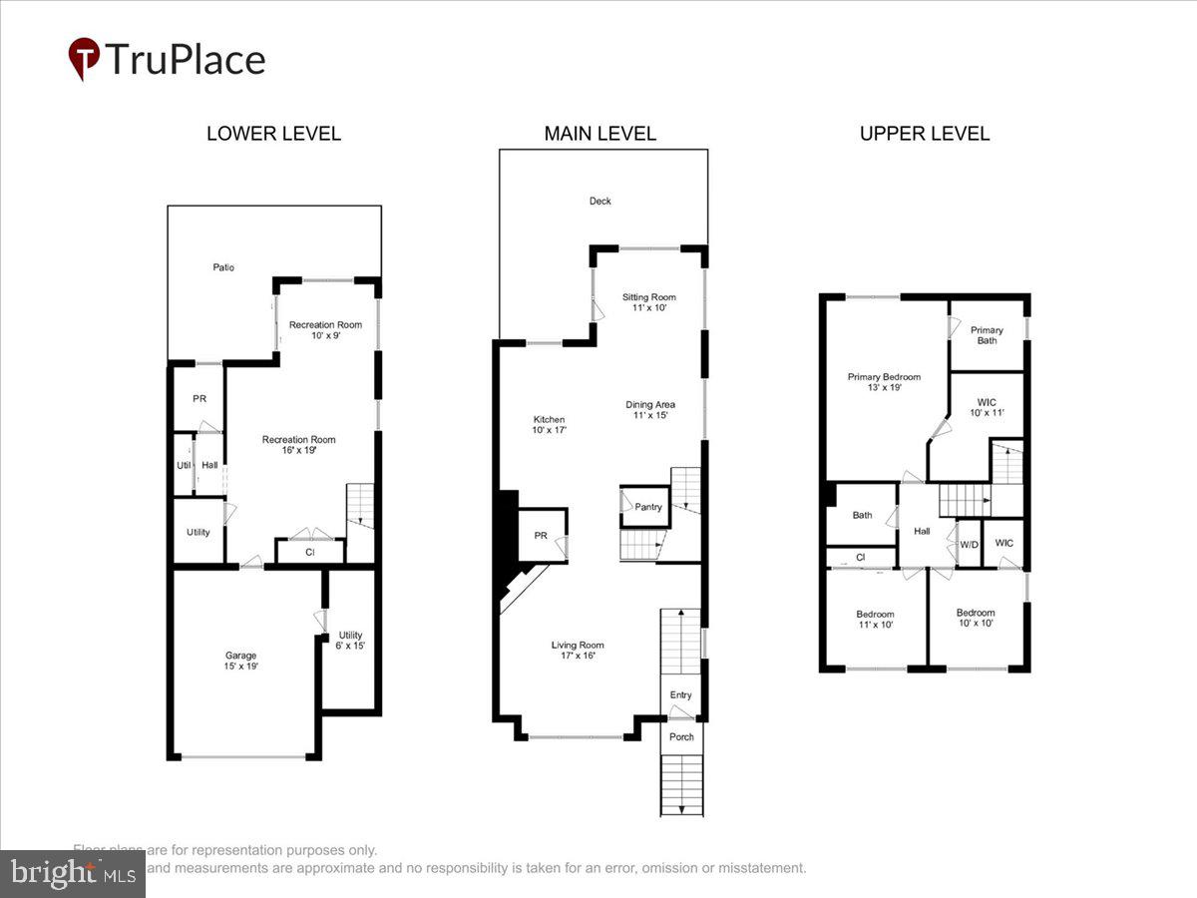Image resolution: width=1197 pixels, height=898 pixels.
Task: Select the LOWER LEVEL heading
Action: tap(273, 134)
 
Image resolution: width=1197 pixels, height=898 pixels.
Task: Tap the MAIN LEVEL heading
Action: tap(599, 134)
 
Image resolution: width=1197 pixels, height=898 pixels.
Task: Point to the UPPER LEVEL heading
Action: tap(925, 134)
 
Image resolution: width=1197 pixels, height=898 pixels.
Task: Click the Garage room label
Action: tap(240, 661)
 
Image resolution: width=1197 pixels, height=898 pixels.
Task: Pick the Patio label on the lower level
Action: tap(223, 267)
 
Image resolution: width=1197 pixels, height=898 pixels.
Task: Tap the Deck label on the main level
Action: tap(599, 202)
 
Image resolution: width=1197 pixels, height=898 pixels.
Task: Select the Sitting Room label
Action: tap(649, 302)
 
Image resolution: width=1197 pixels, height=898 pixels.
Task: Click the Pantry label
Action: tap(648, 507)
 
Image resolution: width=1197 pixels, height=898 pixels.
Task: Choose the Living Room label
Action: tap(578, 651)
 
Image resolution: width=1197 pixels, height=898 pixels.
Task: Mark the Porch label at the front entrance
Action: tap(681, 737)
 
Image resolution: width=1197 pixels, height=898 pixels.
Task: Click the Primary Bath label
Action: tap(987, 335)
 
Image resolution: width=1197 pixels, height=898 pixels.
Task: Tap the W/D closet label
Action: tap(969, 545)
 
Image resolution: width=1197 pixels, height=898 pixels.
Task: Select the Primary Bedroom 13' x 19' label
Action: tap(884, 382)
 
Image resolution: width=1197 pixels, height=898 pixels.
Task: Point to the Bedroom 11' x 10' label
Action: tap(875, 619)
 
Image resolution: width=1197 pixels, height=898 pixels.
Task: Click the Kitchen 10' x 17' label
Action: tap(549, 425)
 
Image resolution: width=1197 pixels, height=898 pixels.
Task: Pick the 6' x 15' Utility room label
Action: tap(350, 641)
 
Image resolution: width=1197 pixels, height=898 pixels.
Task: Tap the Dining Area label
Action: tap(650, 409)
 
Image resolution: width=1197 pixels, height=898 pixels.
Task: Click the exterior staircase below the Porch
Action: tap(681, 784)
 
